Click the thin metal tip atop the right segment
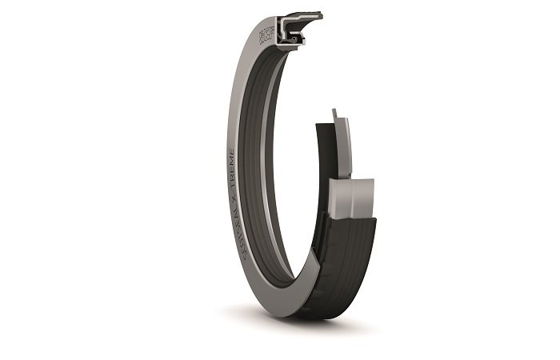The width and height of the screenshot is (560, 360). tap(337, 114)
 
